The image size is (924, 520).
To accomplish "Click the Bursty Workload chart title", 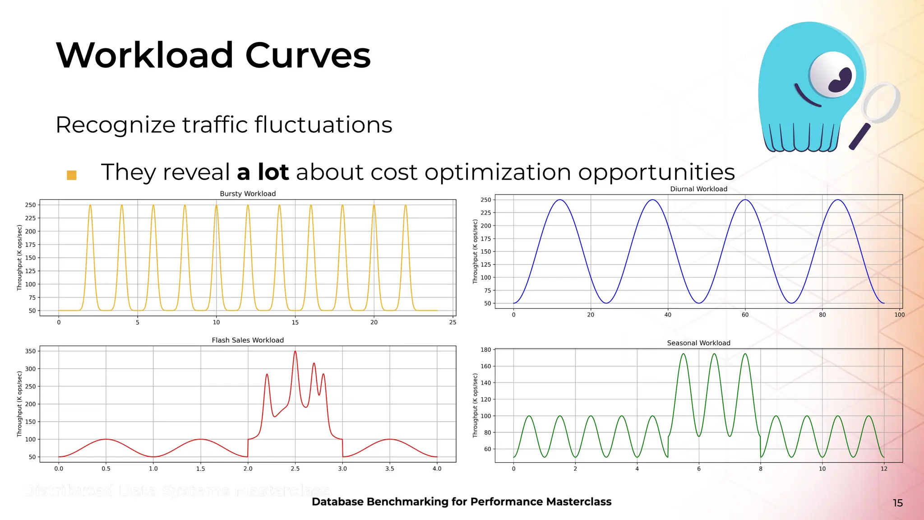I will (248, 194).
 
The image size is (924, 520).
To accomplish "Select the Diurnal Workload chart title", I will (698, 189).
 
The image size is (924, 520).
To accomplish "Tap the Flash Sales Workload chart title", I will (248, 340).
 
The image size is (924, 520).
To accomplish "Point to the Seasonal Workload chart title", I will (698, 343).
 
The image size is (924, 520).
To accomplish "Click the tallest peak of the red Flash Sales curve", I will (295, 352).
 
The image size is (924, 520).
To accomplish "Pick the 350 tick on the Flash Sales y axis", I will (30, 351).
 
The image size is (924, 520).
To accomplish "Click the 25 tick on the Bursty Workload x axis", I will (453, 322).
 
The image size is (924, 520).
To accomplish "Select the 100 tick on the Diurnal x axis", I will (899, 315).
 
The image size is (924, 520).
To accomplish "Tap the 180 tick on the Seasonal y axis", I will (486, 350).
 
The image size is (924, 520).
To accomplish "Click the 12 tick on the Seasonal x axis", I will (884, 469).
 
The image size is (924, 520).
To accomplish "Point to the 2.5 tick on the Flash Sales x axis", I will (295, 469).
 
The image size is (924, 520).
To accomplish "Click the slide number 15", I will (898, 503).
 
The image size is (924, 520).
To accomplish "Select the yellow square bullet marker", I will (72, 175).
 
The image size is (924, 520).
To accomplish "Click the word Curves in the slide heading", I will (308, 56).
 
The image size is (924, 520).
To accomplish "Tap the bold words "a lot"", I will (263, 172).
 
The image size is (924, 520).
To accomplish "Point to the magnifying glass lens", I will (881, 103).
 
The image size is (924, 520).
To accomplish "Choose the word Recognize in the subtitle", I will (115, 125).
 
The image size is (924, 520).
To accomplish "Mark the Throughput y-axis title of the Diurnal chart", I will (475, 251).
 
